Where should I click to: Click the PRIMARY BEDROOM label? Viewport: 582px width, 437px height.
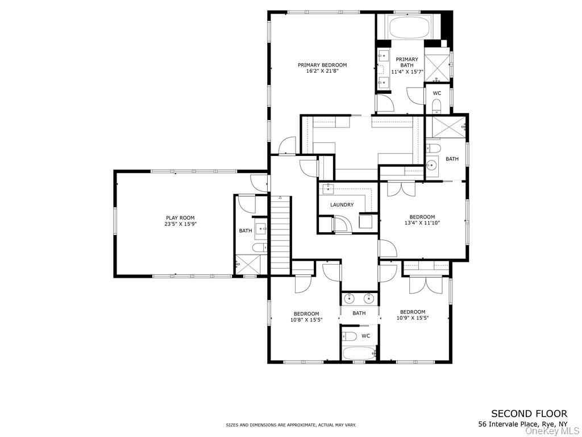tap(322, 65)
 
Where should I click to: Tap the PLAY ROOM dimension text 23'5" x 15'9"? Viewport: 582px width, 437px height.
tap(180, 224)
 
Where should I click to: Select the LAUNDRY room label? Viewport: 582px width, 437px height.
tap(342, 205)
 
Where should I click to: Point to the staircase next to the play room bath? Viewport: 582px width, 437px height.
tap(280, 233)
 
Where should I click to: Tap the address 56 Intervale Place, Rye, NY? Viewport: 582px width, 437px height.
tap(522, 424)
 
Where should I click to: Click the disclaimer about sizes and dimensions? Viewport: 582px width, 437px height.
tap(290, 425)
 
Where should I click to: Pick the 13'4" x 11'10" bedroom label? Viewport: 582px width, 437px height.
tap(422, 220)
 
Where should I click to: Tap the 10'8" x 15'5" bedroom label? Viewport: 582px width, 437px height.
tap(306, 316)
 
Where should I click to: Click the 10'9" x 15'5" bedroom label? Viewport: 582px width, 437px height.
tap(412, 315)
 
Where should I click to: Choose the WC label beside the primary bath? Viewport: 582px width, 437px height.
tap(437, 93)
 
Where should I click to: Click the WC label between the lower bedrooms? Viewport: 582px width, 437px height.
tap(365, 336)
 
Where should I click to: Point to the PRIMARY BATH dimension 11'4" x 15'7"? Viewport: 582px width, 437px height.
tap(407, 72)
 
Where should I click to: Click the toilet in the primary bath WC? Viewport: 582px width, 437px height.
tap(436, 106)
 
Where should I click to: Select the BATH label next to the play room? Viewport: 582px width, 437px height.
tap(246, 230)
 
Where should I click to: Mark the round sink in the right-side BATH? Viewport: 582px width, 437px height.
tap(432, 166)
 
